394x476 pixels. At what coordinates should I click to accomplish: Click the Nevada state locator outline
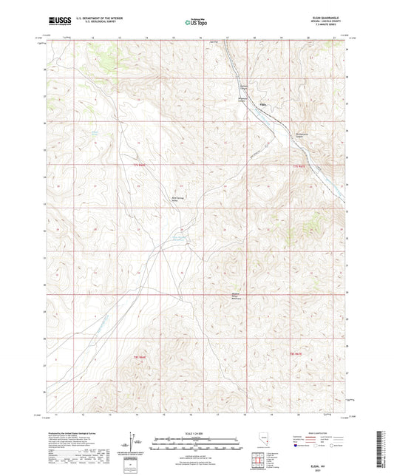tap(268, 446)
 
